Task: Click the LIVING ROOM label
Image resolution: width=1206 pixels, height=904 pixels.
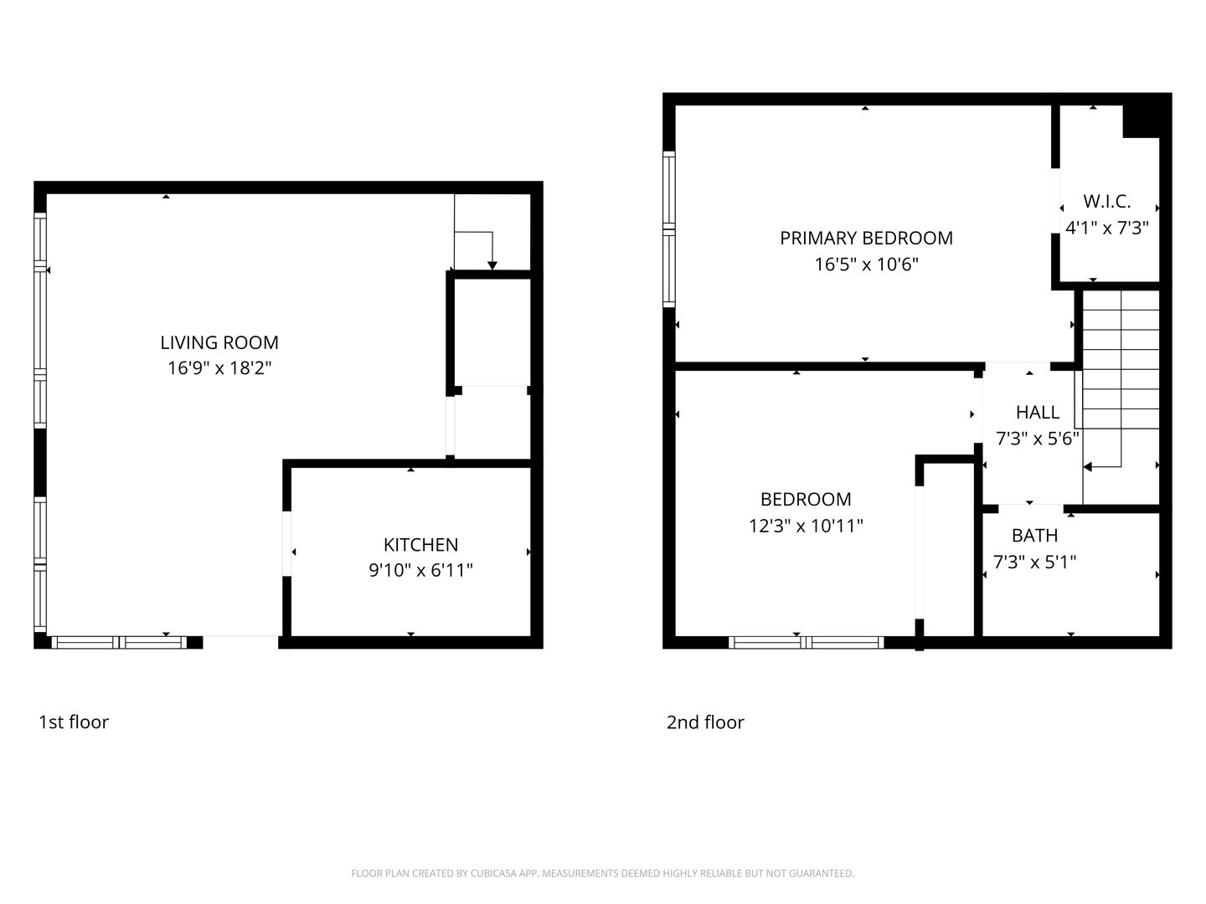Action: [219, 342]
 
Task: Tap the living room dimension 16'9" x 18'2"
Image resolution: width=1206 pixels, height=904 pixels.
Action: [219, 367]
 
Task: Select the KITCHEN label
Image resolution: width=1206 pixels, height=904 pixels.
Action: [420, 545]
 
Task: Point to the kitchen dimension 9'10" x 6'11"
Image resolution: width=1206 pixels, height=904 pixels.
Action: [420, 571]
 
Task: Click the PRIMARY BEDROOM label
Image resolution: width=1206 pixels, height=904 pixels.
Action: [866, 238]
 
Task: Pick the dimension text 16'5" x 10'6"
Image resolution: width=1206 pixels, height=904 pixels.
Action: [866, 265]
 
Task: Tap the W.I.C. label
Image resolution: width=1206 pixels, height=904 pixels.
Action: [1106, 202]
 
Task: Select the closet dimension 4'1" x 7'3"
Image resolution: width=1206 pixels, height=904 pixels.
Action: [1106, 228]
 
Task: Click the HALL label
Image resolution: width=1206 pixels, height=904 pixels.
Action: [1037, 412]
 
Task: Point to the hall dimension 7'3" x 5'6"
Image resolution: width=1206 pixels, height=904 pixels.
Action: [1037, 438]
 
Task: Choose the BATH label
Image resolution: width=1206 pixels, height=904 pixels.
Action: [1034, 536]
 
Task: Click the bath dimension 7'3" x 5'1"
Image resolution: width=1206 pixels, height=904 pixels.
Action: [1034, 562]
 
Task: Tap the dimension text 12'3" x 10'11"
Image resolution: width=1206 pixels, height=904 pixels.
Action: [806, 526]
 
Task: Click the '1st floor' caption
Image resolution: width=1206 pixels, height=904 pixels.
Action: [74, 722]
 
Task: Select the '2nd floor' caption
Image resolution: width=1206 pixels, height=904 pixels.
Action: [705, 722]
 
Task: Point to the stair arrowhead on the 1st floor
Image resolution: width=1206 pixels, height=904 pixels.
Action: [492, 265]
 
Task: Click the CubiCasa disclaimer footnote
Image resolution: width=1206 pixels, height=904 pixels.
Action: [602, 873]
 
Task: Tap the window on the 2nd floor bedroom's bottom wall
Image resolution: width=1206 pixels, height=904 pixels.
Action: [806, 643]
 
